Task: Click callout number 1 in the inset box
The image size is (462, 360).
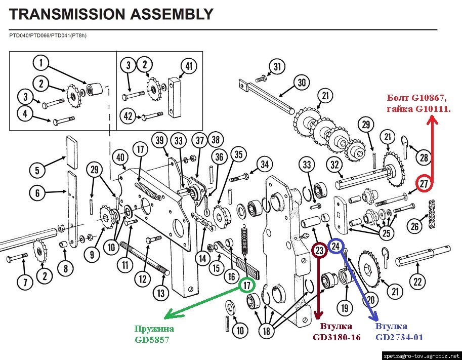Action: pos(41,63)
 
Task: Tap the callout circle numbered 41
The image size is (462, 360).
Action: pos(188,66)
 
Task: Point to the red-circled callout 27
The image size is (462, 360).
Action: pos(424,184)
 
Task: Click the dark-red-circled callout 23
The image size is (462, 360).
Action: pos(319,250)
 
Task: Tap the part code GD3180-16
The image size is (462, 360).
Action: pos(337,337)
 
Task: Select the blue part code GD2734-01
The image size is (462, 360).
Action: pos(399,337)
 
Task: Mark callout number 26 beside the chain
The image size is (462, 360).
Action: pos(414,226)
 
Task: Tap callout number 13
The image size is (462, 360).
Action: pos(160,292)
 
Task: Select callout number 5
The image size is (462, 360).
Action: pos(37,171)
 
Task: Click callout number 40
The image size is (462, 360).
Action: pos(120,157)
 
